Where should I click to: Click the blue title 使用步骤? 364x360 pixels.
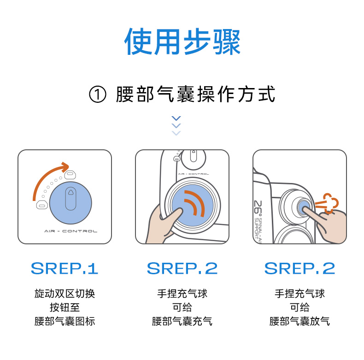point(182,42)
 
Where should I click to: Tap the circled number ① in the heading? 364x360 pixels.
point(98,94)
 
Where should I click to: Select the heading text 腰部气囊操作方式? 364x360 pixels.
point(196,94)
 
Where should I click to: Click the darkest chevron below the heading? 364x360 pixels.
point(176,118)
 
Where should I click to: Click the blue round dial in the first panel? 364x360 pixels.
point(70,203)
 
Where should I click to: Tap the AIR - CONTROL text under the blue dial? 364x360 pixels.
point(71,231)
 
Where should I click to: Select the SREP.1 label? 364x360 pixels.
point(65,268)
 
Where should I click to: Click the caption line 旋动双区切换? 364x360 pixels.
point(65,294)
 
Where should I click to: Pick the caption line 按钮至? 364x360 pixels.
point(65,307)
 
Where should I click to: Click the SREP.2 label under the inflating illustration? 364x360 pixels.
point(182,268)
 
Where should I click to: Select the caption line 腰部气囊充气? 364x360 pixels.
point(182,321)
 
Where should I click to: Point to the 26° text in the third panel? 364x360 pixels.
point(258,207)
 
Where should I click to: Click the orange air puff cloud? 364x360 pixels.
point(327,203)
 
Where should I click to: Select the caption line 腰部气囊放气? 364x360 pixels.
point(299,321)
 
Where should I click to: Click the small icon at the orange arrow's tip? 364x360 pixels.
point(70,175)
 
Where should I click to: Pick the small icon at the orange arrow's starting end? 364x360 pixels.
point(42,205)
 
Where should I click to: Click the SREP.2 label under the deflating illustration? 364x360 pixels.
point(299,268)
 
